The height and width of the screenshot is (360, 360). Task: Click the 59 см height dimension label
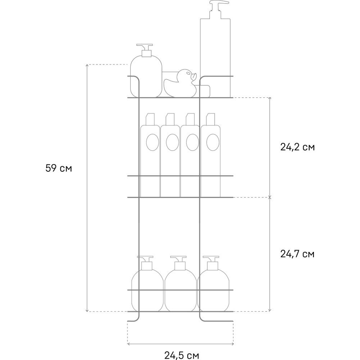(59, 168)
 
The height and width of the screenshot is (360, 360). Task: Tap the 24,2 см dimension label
(297, 147)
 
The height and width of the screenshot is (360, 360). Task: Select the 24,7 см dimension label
(297, 254)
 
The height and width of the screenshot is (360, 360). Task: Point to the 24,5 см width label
(181, 355)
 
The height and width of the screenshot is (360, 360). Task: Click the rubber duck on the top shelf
(180, 83)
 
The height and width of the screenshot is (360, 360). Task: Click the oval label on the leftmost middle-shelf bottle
(152, 142)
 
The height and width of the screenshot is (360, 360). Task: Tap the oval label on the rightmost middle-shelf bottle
(213, 142)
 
